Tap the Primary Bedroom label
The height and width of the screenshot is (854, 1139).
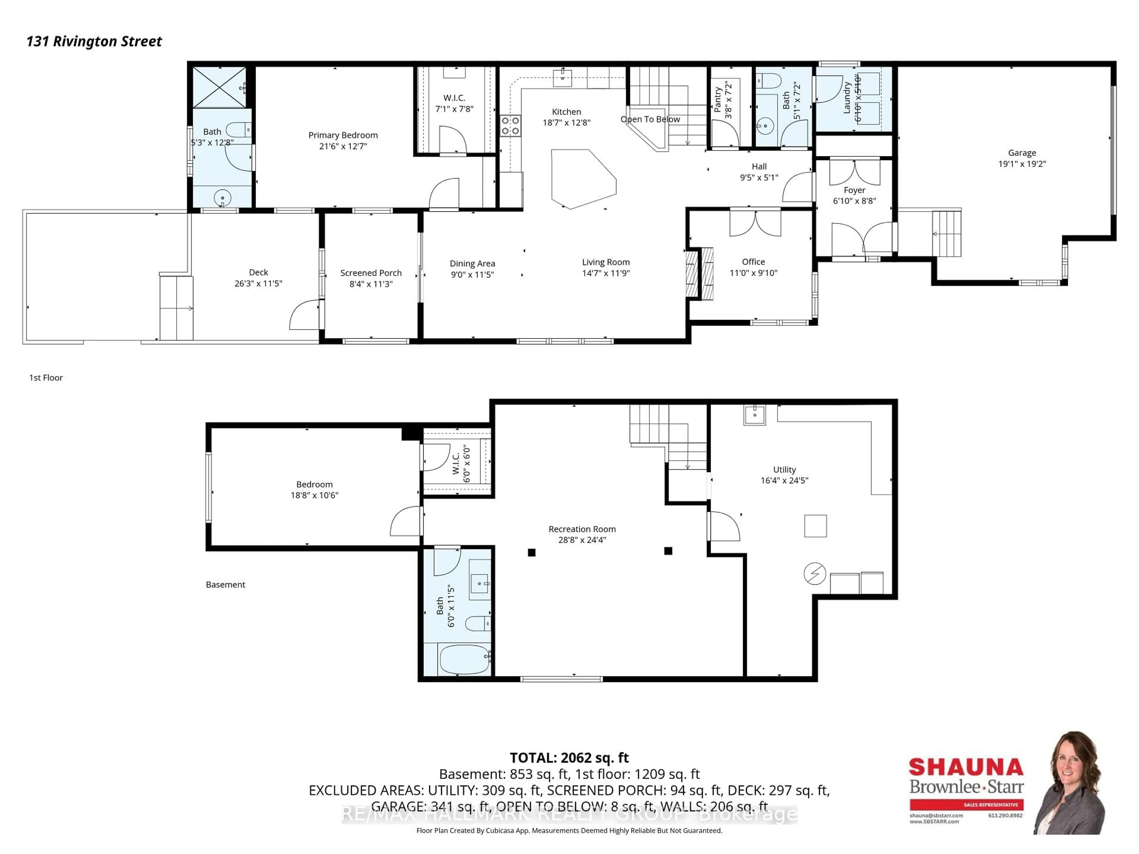pyautogui.click(x=343, y=135)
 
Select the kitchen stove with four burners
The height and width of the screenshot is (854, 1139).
pyautogui.click(x=510, y=126)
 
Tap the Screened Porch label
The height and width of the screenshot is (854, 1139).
pyautogui.click(x=371, y=273)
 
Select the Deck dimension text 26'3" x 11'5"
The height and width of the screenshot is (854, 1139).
pyautogui.click(x=258, y=284)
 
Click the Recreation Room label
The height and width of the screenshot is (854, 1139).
pyautogui.click(x=582, y=529)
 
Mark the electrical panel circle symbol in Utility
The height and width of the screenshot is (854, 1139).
pyautogui.click(x=815, y=573)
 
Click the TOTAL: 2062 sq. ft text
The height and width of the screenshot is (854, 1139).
pyautogui.click(x=569, y=758)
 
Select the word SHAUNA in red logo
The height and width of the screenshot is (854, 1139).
pyautogui.click(x=966, y=767)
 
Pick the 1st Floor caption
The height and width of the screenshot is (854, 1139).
pyautogui.click(x=46, y=377)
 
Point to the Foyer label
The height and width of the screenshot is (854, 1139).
pyautogui.click(x=854, y=190)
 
